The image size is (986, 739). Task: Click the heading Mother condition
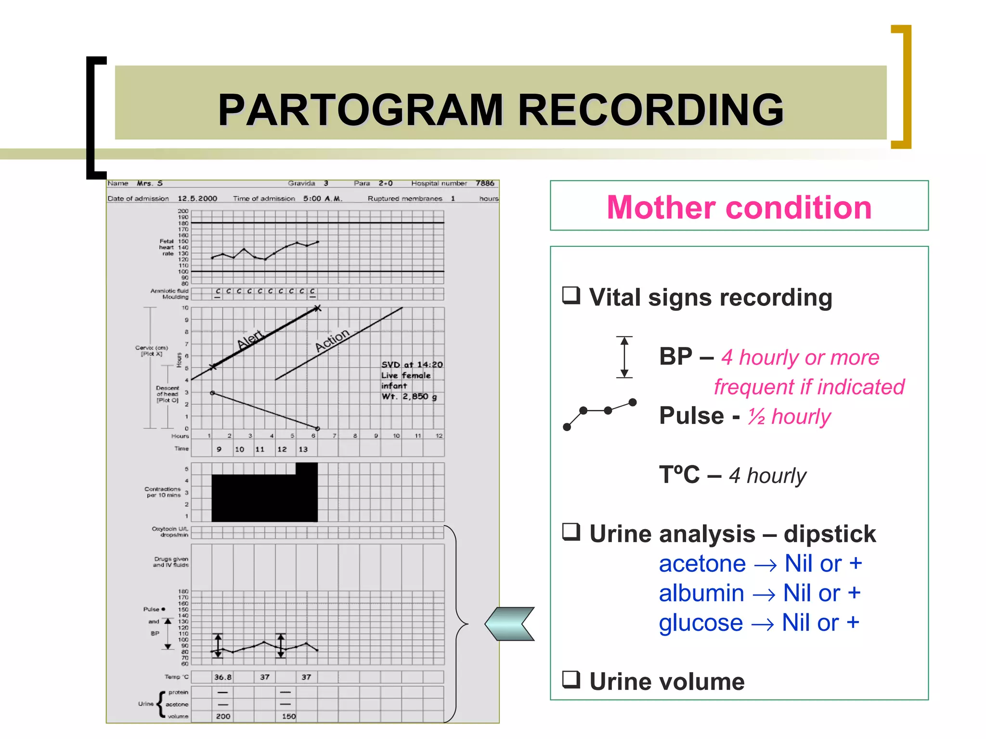[x=739, y=207]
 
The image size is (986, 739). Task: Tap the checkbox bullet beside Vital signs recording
[x=571, y=295]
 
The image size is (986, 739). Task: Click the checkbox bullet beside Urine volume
[x=571, y=679]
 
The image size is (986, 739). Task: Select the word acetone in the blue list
[x=702, y=563]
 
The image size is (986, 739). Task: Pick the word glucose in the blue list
[x=701, y=623]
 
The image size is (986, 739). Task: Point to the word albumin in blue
[x=701, y=593]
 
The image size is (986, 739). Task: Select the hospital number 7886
[x=485, y=183]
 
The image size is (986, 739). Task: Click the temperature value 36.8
[x=222, y=677]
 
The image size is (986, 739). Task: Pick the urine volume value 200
[x=222, y=716]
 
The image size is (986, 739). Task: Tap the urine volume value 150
[x=288, y=716]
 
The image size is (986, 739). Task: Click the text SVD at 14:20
[x=412, y=365]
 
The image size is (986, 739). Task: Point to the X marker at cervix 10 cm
[x=317, y=308]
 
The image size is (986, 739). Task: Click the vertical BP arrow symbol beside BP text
[x=624, y=357]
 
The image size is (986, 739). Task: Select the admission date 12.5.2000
[x=197, y=199]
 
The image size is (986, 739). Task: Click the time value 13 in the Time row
[x=303, y=449]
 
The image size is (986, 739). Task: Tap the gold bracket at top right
[x=902, y=87]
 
